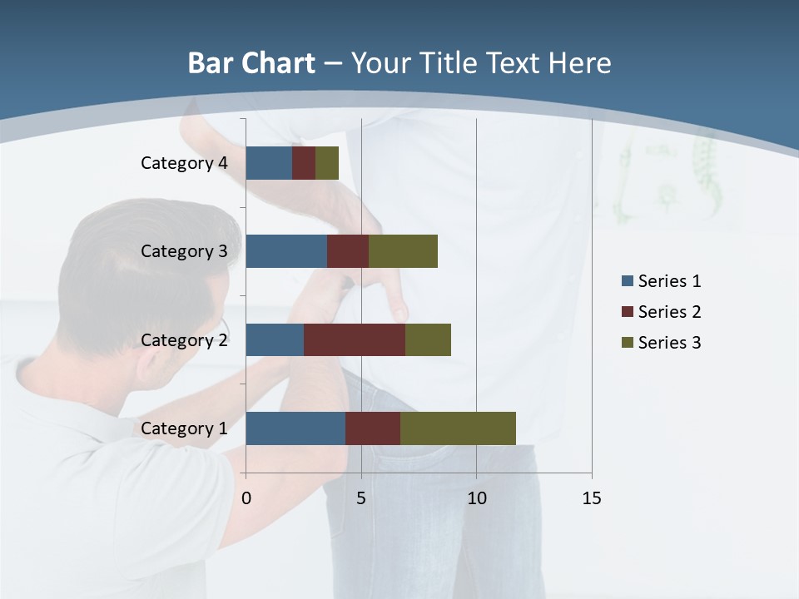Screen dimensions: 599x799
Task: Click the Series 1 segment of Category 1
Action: pos(295,428)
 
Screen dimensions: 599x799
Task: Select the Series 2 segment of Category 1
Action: pos(373,428)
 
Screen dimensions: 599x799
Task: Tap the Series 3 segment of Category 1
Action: pos(458,428)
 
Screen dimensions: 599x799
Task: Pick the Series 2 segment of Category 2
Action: pos(355,339)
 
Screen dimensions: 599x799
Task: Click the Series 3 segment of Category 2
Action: pos(428,339)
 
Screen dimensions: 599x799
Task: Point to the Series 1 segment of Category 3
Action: pos(286,251)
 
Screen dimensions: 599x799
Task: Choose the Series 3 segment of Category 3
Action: pos(403,251)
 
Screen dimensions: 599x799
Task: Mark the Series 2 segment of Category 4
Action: pos(304,163)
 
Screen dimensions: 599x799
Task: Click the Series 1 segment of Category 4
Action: pos(269,163)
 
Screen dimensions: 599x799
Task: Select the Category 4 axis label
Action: pos(184,163)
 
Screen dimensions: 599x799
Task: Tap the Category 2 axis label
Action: pos(184,339)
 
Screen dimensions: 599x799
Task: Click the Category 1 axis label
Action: pos(184,428)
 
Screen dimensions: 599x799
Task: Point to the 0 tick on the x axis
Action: pos(246,498)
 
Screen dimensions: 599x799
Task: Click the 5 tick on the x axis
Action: pos(361,498)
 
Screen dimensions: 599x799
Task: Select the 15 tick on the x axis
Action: pos(592,498)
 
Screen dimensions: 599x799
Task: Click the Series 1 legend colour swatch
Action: pos(628,281)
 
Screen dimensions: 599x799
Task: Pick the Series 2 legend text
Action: pos(669,312)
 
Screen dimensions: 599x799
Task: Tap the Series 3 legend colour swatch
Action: pos(628,343)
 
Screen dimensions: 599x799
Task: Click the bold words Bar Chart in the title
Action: pos(251,63)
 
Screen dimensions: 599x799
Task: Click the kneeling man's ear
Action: pos(221,320)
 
